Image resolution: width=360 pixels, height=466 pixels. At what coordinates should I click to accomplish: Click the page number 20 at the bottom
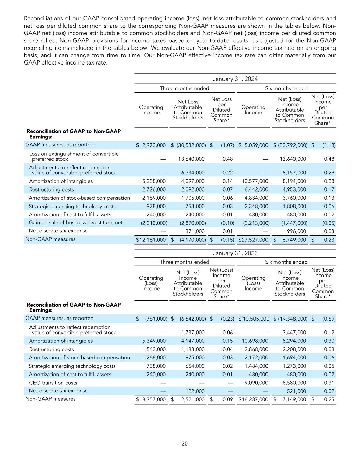184,443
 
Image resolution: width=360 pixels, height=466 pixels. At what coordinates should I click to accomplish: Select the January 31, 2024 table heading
235,79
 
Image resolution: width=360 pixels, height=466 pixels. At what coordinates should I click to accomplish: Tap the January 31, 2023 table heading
235,253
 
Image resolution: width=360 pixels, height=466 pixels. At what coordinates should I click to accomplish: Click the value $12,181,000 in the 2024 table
151,240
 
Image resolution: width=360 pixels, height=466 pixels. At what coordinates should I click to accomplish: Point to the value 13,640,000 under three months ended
191,159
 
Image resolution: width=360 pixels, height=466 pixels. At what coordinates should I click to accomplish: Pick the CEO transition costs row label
53,383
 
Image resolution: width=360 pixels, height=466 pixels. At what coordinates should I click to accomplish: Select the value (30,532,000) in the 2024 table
191,145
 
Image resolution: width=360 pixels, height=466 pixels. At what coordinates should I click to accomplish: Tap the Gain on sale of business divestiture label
76,223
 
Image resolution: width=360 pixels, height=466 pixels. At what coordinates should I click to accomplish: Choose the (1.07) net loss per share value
228,145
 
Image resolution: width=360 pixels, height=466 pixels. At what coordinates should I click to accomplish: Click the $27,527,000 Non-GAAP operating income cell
253,240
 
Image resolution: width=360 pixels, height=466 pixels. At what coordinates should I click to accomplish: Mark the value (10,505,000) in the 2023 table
254,319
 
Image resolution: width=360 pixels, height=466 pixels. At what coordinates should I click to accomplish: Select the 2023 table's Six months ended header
286,262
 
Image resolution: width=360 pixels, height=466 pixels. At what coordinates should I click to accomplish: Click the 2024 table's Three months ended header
185,88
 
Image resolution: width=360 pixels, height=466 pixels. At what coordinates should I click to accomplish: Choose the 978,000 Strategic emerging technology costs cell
156,206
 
